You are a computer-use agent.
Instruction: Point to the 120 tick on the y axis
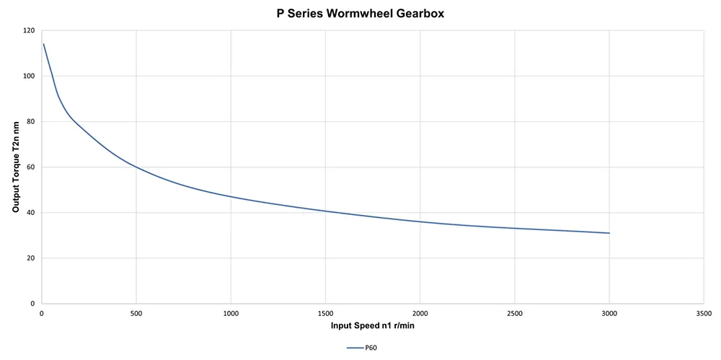tap(28, 31)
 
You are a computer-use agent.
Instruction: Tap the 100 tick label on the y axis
tap(28, 76)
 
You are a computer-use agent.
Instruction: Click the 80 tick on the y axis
tap(30, 122)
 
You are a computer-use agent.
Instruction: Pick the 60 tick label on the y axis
tap(30, 167)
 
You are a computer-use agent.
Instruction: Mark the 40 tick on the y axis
tap(30, 213)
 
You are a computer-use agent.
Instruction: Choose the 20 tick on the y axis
tap(30, 258)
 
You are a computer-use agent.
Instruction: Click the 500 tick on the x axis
tap(136, 314)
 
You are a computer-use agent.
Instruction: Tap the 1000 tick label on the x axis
tap(230, 314)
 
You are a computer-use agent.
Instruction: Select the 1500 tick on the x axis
tap(325, 314)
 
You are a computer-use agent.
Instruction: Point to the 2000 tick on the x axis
tap(420, 314)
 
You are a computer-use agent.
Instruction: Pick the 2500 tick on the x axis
tap(515, 314)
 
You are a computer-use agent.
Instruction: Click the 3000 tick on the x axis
tap(609, 314)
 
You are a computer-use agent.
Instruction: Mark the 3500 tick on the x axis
tap(704, 314)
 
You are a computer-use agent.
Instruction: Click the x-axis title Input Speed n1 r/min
tap(372, 326)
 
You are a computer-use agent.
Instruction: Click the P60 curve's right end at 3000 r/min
tap(609, 233)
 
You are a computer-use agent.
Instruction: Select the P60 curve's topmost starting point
tap(44, 44)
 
